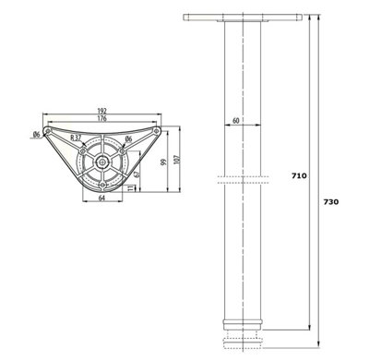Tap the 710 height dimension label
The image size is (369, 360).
[x=299, y=174]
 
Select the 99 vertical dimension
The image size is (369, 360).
[x=161, y=162]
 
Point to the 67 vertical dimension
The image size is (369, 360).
[x=137, y=172]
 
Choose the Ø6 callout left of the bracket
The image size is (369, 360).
[x=34, y=137]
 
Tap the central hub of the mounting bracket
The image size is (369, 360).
[x=102, y=159]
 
